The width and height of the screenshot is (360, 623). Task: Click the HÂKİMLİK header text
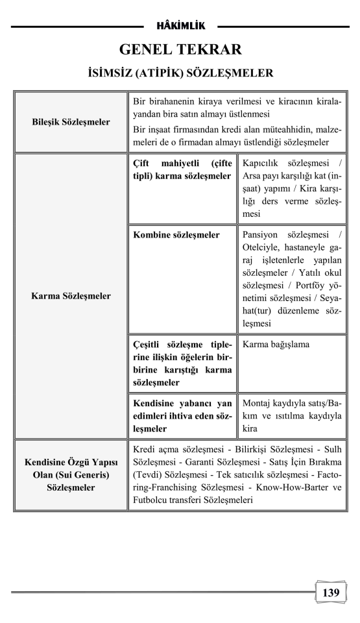tap(180, 26)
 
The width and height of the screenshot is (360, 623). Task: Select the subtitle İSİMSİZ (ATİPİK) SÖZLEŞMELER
tap(180, 73)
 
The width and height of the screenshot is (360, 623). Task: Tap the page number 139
tap(330, 592)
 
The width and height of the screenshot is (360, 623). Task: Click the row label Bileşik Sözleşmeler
tap(71, 122)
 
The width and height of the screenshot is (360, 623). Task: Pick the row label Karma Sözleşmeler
tap(71, 296)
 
